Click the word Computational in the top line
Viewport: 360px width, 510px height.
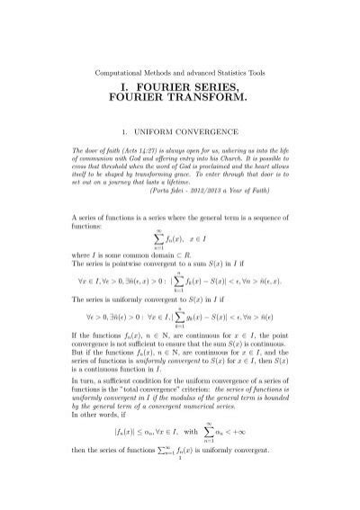[120, 71]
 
